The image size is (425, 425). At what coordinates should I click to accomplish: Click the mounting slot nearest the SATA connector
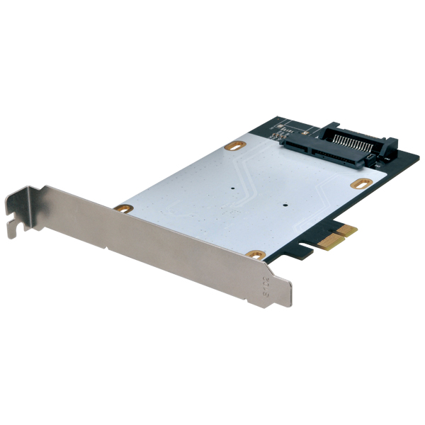click(233, 146)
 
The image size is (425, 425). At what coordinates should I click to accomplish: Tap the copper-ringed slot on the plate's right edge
click(361, 183)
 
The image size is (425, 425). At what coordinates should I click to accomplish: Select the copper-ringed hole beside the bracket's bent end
click(123, 208)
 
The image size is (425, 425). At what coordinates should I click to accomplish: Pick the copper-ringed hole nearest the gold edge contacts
click(256, 254)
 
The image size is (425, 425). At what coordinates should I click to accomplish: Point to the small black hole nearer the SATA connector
click(234, 190)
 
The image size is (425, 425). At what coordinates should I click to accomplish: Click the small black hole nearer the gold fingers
click(283, 206)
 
